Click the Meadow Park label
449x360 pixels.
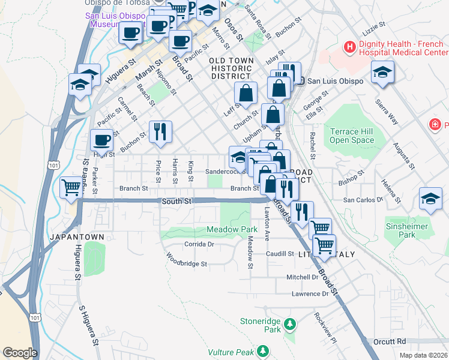tap(232, 230)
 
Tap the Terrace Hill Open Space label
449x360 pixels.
tap(352, 135)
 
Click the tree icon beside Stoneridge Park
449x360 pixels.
tap(291, 324)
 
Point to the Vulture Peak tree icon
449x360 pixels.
tap(262, 350)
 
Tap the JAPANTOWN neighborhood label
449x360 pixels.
tap(77, 237)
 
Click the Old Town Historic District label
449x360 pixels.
tap(230, 68)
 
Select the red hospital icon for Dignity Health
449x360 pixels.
tap(349, 46)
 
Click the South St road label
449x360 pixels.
tap(176, 201)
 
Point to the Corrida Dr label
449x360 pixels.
tap(199, 245)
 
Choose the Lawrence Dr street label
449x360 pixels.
tap(310, 294)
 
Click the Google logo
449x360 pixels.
tap(20, 352)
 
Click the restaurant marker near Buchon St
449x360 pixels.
tap(160, 131)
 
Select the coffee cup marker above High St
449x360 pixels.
tap(101, 140)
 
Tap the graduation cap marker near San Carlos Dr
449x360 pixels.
tap(431, 200)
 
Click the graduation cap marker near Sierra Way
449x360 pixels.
tap(382, 73)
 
